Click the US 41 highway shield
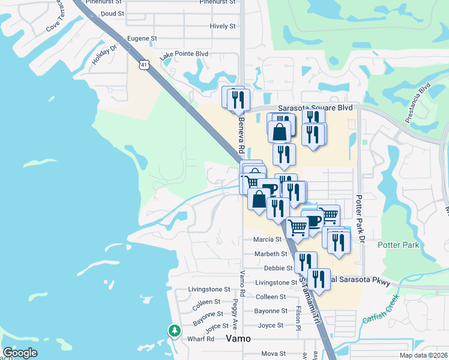point(143,64)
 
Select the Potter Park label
point(398,245)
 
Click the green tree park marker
point(174,330)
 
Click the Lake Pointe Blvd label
point(184,54)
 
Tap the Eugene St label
point(142,38)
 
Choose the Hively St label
point(223,26)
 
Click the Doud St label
point(112,13)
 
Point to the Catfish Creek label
point(381,309)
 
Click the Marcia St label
point(268,239)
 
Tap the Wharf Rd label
point(202,339)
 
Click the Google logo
point(20,352)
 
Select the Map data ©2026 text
point(423,355)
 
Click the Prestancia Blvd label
point(418,102)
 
